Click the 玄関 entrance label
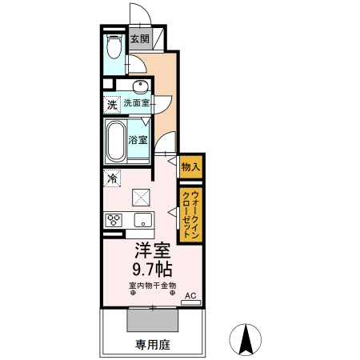point(139,39)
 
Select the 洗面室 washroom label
point(136,103)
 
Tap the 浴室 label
point(138,139)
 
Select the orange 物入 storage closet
point(190,166)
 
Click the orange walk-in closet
point(190,214)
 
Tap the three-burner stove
point(112,220)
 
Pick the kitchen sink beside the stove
point(142,220)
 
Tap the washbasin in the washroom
point(139,87)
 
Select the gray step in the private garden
point(152,318)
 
